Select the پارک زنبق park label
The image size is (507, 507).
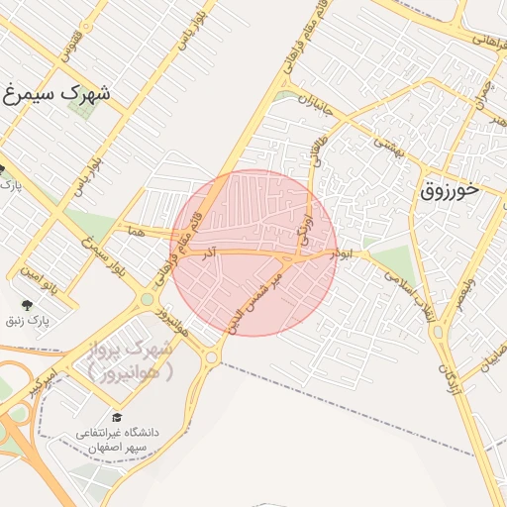(38, 321)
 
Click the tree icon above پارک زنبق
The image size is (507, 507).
(26, 304)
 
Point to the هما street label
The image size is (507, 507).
(136, 230)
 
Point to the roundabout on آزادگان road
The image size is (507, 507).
(438, 332)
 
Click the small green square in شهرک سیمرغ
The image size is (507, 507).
(83, 108)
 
